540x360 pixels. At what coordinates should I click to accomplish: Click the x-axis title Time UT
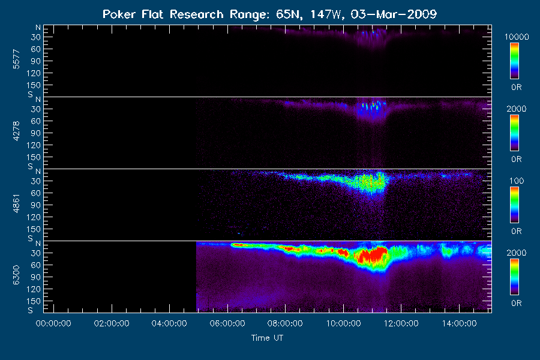click(267, 338)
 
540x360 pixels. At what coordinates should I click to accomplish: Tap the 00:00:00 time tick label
click(53, 323)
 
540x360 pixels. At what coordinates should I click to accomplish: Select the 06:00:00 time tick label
click(227, 323)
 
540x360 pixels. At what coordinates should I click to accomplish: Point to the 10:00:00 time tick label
click(343, 323)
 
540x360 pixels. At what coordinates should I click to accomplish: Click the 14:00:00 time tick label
click(460, 323)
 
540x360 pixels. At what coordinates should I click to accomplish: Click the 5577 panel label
click(16, 59)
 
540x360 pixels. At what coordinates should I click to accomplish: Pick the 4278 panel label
click(16, 131)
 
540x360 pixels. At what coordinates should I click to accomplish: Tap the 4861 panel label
click(16, 203)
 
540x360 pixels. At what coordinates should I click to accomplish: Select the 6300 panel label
click(16, 275)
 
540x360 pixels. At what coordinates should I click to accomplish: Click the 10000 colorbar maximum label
click(517, 37)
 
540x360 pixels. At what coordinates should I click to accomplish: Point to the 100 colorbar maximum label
click(517, 181)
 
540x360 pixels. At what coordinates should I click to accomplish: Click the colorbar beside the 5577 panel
click(515, 61)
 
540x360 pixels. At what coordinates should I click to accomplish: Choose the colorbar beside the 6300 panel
click(515, 277)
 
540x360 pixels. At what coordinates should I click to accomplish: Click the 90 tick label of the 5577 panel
click(36, 61)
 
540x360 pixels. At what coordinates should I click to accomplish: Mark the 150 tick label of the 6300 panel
click(34, 301)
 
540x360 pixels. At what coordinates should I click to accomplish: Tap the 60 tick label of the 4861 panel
click(36, 193)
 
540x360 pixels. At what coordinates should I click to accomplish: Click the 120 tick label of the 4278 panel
click(34, 145)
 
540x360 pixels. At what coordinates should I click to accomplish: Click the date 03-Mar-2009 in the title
click(394, 14)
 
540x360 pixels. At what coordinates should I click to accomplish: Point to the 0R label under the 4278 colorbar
click(517, 159)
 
